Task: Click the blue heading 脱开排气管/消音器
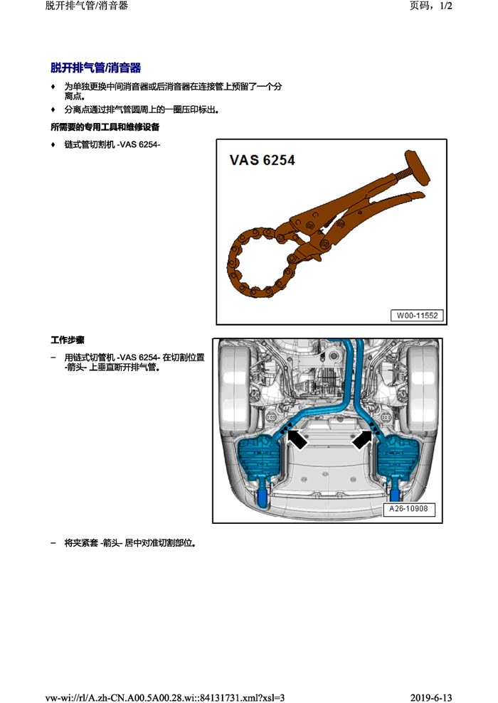click(x=95, y=68)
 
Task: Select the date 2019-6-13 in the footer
click(x=431, y=697)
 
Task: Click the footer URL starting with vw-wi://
click(x=164, y=697)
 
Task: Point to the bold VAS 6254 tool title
click(x=262, y=160)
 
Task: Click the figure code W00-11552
click(x=417, y=315)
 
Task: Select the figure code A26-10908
click(x=408, y=509)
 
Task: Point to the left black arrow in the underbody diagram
click(x=297, y=439)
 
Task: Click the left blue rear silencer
click(x=258, y=460)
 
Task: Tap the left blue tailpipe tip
click(x=263, y=498)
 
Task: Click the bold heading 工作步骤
click(x=68, y=340)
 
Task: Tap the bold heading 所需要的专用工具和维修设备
click(x=105, y=127)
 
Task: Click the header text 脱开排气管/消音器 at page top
click(x=87, y=6)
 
